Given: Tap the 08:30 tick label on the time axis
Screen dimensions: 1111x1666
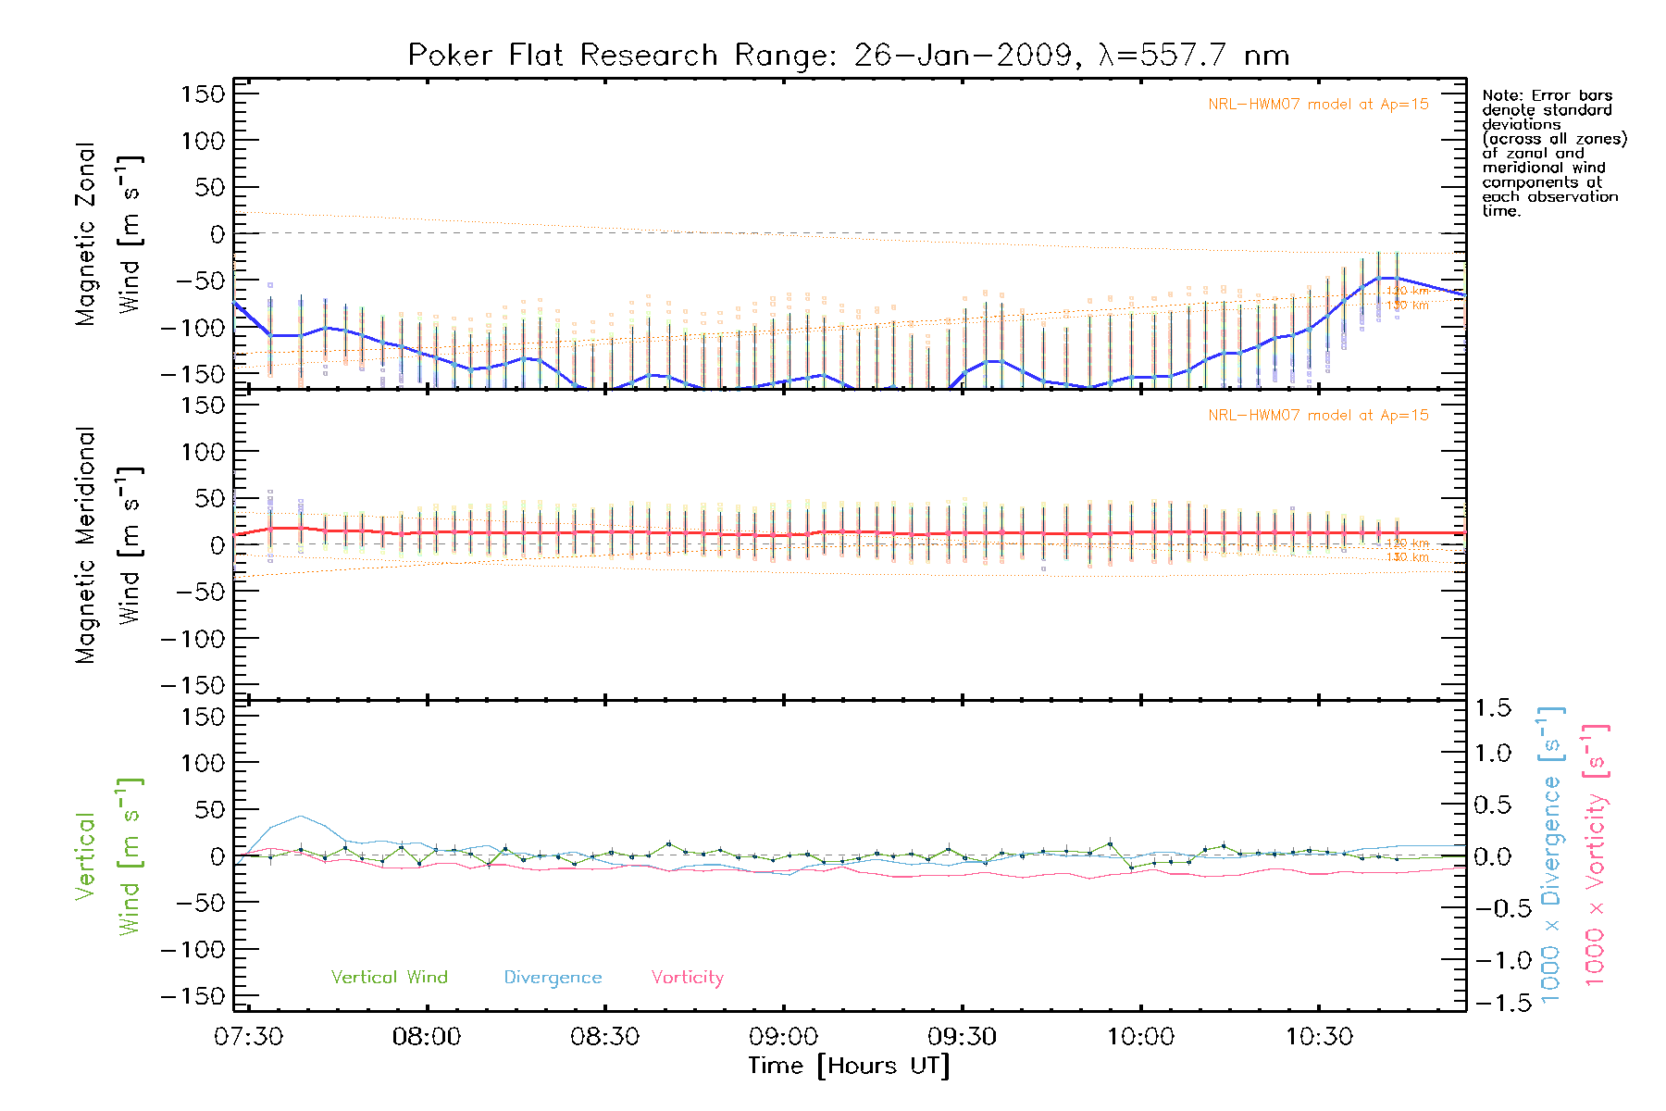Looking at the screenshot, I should tap(604, 1037).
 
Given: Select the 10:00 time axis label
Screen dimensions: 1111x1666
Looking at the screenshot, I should tap(1140, 1037).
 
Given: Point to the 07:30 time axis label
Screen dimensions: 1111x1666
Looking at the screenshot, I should tap(248, 1037).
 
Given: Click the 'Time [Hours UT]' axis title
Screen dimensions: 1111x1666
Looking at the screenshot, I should tap(849, 1066).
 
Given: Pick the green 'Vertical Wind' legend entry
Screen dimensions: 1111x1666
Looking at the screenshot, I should tap(389, 978).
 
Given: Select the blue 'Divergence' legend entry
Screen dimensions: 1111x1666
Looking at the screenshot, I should tap(553, 978).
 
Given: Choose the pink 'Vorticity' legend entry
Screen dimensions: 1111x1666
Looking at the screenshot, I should tap(687, 978).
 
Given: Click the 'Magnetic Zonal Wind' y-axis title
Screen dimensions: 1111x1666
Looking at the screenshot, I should tap(108, 233).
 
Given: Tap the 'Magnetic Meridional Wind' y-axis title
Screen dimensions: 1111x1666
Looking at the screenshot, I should tap(108, 545).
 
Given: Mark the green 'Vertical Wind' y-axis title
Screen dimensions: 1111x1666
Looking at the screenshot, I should tap(108, 856).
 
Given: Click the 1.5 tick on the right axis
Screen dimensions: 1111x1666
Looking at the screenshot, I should tap(1493, 708).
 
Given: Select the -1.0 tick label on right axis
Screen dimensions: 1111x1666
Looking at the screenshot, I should tap(1493, 960).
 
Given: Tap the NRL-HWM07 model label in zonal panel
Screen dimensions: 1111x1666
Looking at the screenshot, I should tap(1318, 105).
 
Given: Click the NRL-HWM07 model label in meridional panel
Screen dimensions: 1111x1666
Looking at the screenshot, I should tap(1318, 416).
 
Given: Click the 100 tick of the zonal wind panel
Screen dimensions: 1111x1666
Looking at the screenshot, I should tap(204, 141).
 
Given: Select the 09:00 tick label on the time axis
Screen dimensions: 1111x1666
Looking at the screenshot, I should tap(783, 1037).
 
